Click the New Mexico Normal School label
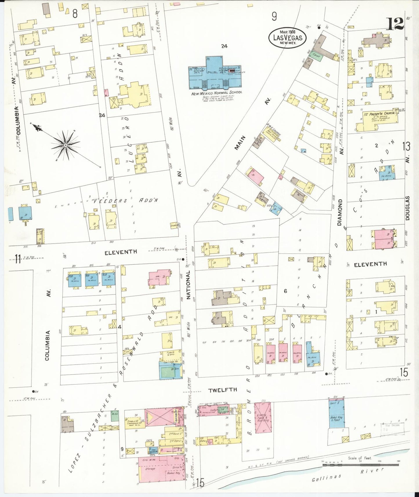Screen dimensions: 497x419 [x=216, y=92]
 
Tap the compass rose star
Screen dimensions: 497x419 [x=66, y=145]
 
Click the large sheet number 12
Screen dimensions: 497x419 [x=395, y=24]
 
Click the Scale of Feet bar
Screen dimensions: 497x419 [x=360, y=465]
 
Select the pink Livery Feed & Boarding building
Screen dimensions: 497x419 [x=263, y=418]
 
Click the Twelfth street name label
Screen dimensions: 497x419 [x=223, y=390]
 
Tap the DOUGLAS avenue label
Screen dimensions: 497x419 [x=407, y=208]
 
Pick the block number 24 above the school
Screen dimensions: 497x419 [x=224, y=46]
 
